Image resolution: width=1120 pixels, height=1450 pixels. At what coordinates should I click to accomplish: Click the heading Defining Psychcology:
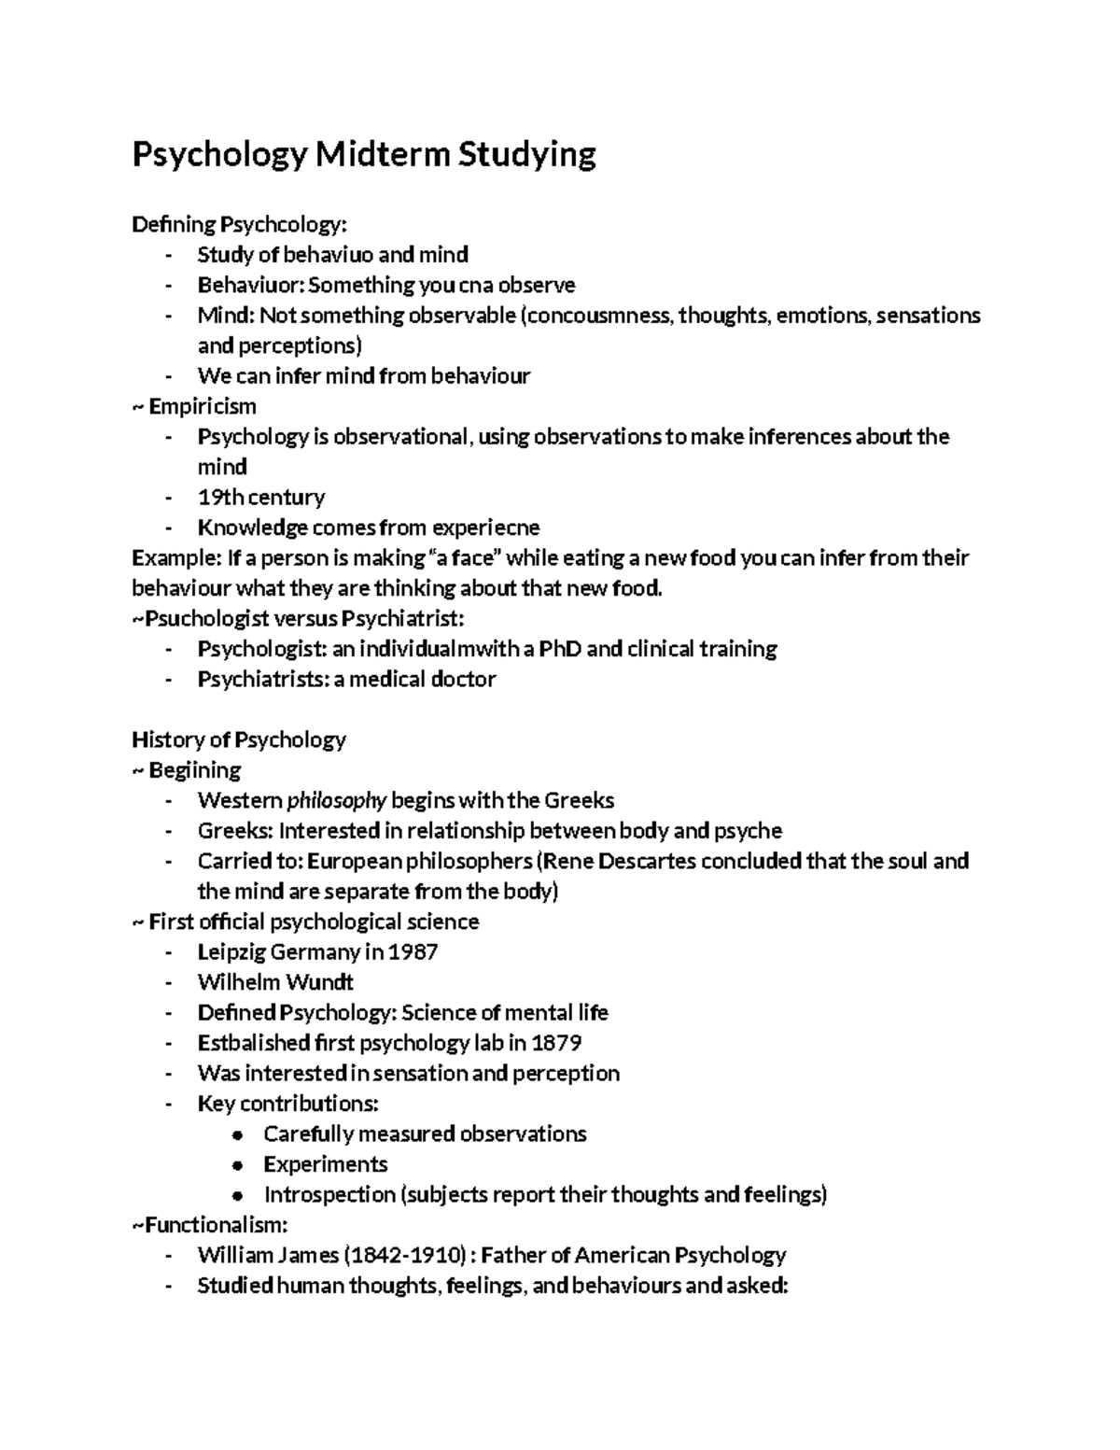pos(239,225)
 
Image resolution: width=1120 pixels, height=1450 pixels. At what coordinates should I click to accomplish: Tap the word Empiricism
pos(203,407)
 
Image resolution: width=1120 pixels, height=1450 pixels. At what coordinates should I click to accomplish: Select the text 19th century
pos(261,498)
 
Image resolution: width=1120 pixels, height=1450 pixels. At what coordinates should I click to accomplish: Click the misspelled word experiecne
pos(484,528)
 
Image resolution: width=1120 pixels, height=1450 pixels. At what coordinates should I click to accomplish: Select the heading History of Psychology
pos(239,740)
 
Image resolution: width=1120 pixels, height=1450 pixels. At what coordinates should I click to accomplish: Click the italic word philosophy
pos(336,801)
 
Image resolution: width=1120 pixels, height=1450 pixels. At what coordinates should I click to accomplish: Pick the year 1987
pos(413,952)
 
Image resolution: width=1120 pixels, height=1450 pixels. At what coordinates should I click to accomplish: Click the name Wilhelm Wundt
pos(275,982)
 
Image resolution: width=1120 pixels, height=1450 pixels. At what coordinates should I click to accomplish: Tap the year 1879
pos(556,1043)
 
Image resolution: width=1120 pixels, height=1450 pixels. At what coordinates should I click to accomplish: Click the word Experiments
pos(326,1164)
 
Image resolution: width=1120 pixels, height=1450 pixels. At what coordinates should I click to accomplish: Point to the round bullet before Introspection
pos(240,1195)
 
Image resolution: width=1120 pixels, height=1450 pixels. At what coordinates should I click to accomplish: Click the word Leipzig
pos(231,952)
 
